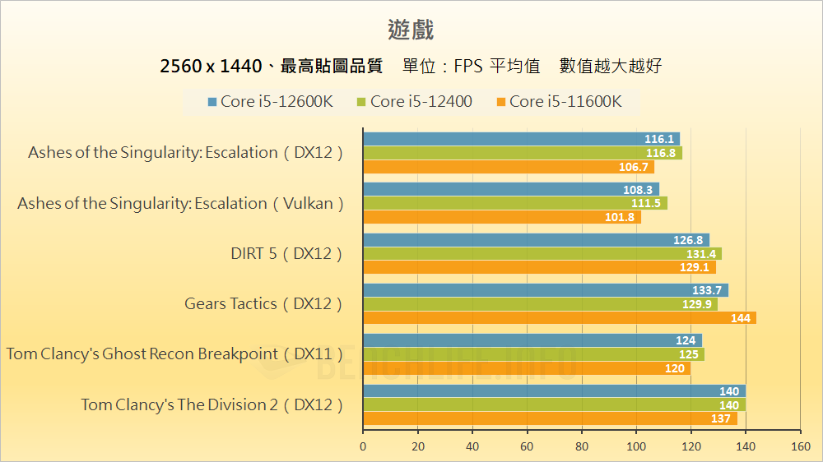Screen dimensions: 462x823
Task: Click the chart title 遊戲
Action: coord(411,30)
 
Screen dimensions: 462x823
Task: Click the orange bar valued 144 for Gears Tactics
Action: coord(560,318)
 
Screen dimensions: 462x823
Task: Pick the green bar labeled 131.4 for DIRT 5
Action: coord(542,254)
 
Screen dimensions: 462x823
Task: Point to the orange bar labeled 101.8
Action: coord(501,218)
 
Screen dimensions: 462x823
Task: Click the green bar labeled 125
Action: coord(533,354)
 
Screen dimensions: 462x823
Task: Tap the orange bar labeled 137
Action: coord(550,418)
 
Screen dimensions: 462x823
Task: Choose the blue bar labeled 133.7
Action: coord(545,290)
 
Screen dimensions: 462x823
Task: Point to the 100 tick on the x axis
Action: coord(636,446)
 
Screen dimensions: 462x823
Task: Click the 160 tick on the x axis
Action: coord(800,446)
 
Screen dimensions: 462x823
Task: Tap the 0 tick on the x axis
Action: coord(363,446)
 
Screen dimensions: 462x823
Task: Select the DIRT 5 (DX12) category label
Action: coord(286,254)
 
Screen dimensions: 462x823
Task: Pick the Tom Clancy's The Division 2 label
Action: coord(212,404)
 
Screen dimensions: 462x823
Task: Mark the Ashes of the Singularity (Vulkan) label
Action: coord(180,204)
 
